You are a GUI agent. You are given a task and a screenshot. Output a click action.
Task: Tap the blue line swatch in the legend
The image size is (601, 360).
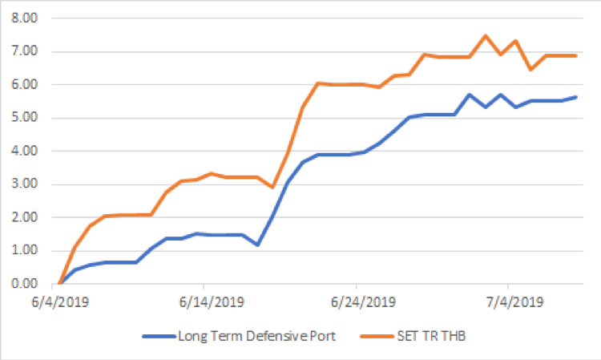158,336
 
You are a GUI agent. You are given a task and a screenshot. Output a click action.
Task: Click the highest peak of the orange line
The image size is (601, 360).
486,35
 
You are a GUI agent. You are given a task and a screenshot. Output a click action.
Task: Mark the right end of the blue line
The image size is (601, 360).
577,97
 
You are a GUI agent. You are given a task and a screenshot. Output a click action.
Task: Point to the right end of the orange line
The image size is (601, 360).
577,55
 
